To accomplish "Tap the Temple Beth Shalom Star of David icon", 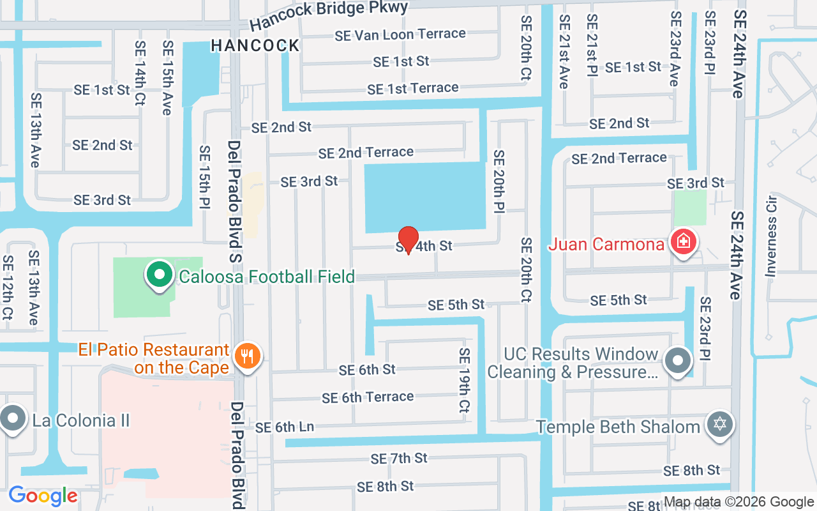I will (x=720, y=425).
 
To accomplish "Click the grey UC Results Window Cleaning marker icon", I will (x=678, y=362).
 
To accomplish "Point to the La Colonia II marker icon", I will (x=12, y=419).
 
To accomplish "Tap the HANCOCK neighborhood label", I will (x=255, y=45).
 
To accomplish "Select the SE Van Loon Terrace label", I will (x=400, y=34).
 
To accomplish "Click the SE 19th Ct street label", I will (x=464, y=380).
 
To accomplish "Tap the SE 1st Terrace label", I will (x=413, y=89).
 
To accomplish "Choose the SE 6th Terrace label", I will (x=368, y=397).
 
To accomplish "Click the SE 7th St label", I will (x=399, y=458).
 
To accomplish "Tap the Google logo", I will (x=43, y=496).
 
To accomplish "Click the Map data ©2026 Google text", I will (x=738, y=502).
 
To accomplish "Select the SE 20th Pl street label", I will (x=498, y=181).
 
